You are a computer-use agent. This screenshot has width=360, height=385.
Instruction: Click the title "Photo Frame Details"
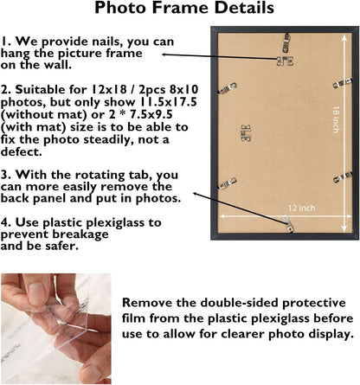[x=184, y=8]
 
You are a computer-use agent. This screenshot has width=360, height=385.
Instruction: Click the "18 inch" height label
[x=336, y=119]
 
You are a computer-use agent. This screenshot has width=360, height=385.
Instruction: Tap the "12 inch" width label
[x=302, y=208]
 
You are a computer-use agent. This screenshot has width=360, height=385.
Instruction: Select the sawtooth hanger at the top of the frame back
[x=285, y=61]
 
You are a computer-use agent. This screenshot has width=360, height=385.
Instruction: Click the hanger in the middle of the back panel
[x=246, y=133]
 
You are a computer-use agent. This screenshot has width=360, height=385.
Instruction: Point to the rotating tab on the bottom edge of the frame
[x=288, y=224]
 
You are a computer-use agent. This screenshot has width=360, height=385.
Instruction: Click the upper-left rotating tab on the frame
[x=227, y=88]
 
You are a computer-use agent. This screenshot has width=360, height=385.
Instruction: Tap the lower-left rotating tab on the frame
[x=227, y=183]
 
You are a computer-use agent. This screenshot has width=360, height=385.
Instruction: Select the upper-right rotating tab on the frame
[x=343, y=83]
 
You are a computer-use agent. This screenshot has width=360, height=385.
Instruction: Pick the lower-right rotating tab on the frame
[x=343, y=176]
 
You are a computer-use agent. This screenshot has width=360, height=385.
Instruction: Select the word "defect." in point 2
[x=22, y=151]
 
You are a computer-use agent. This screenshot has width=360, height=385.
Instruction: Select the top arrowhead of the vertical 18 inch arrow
[x=344, y=38]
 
